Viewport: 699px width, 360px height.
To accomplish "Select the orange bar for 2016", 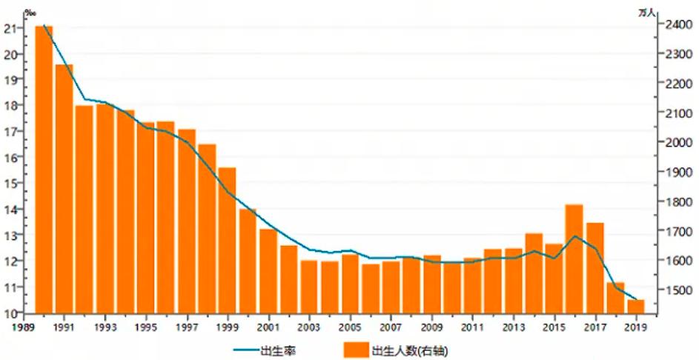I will click(574, 259).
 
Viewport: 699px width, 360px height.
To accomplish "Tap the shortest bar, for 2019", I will click(635, 306).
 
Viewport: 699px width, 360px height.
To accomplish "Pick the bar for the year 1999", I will click(227, 240).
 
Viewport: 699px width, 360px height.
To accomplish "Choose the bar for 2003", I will click(309, 287).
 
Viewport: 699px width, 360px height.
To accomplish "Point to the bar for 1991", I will click(64, 188).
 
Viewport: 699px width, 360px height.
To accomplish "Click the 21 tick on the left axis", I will click(10, 29).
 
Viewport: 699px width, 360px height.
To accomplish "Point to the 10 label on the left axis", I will click(10, 313).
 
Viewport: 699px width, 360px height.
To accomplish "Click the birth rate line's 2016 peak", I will click(574, 236).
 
